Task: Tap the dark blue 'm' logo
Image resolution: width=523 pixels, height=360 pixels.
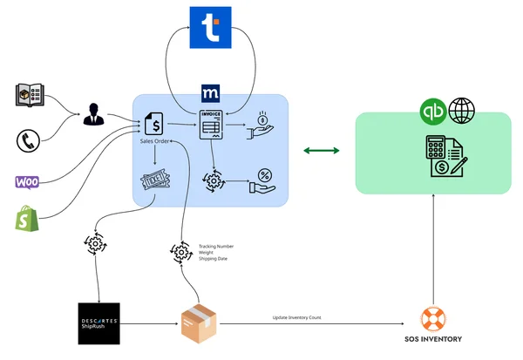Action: (x=210, y=91)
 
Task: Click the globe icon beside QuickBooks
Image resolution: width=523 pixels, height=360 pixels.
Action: (x=462, y=112)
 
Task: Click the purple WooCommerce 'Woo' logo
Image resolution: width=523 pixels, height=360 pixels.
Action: (x=28, y=181)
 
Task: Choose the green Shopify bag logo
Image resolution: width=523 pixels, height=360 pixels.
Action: (x=28, y=219)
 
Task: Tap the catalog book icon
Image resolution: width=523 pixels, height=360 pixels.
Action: (x=30, y=96)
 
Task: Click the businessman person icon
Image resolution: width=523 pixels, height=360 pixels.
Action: (x=93, y=113)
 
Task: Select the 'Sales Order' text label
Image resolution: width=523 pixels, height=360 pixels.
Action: (x=154, y=140)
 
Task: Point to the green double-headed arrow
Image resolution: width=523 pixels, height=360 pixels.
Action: (x=321, y=153)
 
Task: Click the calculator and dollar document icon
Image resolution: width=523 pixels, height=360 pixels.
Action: (x=445, y=156)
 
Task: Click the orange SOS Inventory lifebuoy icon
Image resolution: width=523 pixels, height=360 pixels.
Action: (x=433, y=319)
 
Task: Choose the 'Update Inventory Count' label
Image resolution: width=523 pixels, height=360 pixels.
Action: (x=296, y=318)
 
